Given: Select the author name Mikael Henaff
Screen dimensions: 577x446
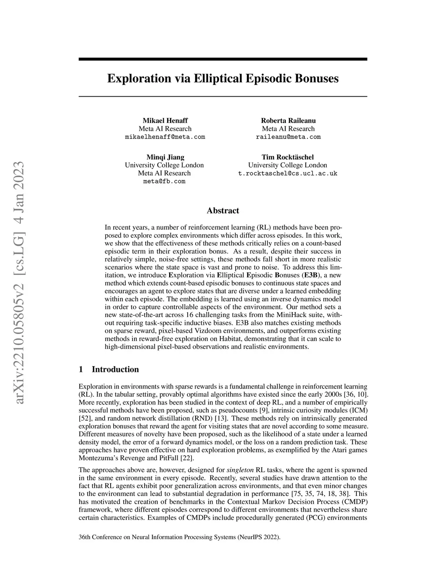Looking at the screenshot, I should pos(165,121).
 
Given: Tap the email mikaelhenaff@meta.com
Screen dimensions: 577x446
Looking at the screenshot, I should pos(165,137).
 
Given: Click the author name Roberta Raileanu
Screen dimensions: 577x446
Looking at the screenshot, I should pos(288,121).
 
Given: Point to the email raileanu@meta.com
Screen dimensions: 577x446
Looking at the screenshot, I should pos(288,137).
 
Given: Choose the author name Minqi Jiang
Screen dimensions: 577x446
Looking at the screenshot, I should pos(165,157).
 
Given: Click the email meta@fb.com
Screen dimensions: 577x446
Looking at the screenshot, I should pos(164,181).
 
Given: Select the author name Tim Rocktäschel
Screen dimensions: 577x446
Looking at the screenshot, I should pos(287,157).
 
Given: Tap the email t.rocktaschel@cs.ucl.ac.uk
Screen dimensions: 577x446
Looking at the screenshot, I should pos(287,173).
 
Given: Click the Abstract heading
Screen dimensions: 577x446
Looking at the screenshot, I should pos(223,211).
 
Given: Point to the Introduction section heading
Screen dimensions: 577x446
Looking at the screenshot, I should pos(115,370).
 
